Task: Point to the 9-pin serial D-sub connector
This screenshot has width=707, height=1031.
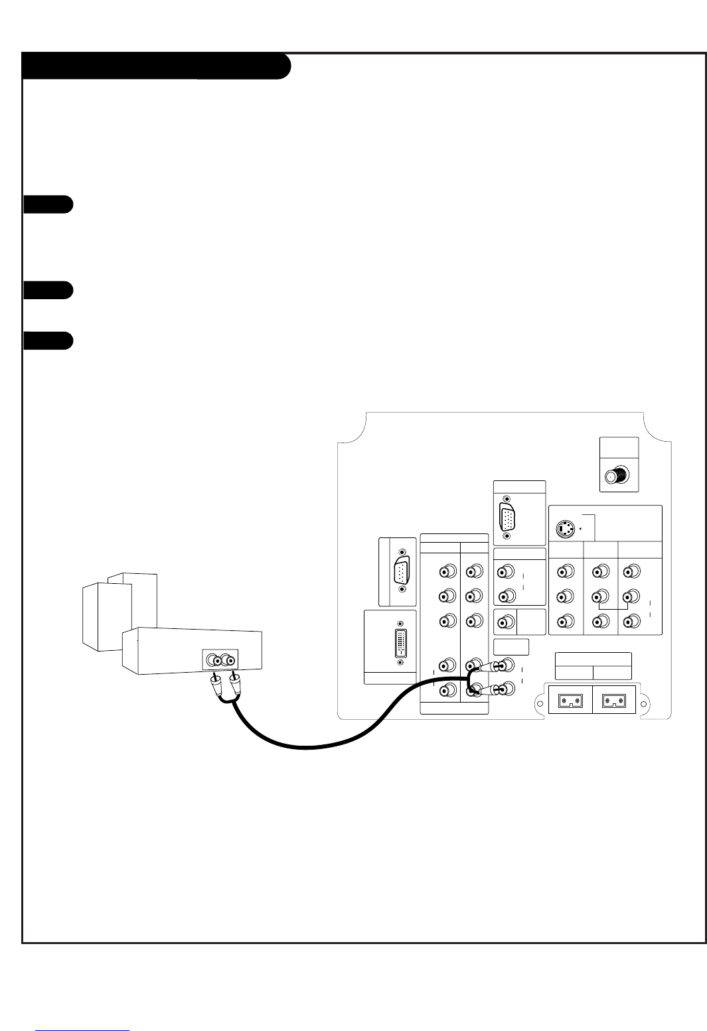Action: pyautogui.click(x=400, y=571)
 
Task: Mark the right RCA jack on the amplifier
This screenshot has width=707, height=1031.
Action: pyautogui.click(x=228, y=660)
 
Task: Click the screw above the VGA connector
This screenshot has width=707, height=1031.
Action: pyautogui.click(x=507, y=498)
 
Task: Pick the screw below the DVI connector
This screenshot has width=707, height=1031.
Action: pyautogui.click(x=400, y=661)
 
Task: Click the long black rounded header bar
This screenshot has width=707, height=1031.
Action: pyautogui.click(x=156, y=66)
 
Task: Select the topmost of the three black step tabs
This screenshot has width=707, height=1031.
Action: pyautogui.click(x=47, y=204)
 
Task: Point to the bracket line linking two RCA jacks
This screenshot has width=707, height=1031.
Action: pyautogui.click(x=614, y=606)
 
